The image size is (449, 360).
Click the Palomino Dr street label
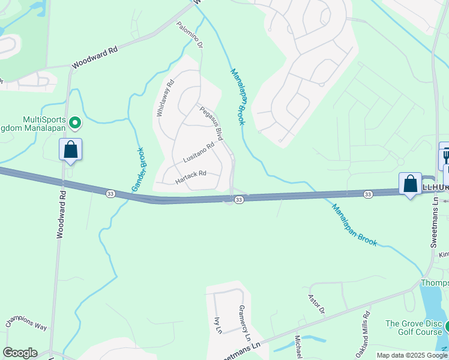[191, 35]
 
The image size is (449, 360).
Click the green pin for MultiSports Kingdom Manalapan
[75, 124]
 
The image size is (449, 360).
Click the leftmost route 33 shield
[110, 194]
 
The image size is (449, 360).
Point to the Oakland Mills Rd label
[365, 331]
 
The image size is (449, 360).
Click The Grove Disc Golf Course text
[413, 328]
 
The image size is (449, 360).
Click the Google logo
[20, 353]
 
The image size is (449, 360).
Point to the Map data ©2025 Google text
[411, 355]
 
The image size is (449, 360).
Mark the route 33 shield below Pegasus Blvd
[238, 200]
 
